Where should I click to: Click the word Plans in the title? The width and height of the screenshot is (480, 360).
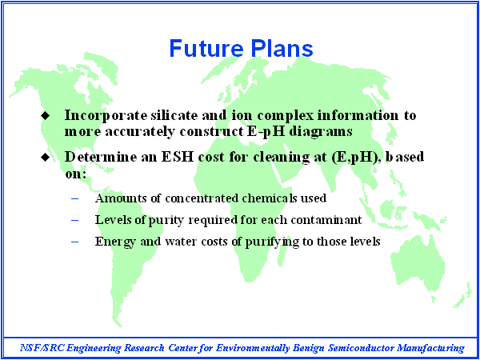(282, 48)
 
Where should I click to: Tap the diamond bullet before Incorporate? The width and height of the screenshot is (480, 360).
(45, 116)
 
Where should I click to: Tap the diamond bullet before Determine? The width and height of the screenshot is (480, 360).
(45, 158)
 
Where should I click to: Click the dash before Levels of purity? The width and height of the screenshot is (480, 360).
(74, 221)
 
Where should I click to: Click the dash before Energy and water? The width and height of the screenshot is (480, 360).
(74, 242)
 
